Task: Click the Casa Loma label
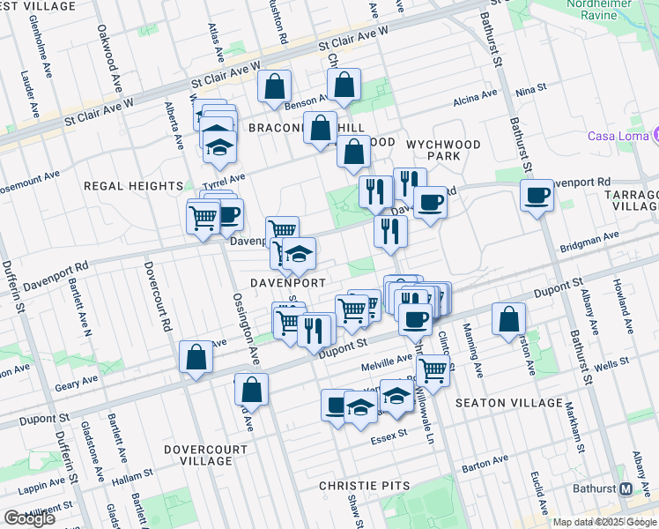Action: tap(618, 136)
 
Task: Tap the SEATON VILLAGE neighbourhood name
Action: tap(508, 403)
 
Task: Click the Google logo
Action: tap(29, 518)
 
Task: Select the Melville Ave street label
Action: tap(386, 359)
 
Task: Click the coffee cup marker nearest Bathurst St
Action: tap(536, 195)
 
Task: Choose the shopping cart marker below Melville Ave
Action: tap(433, 370)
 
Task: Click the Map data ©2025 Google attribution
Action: tap(604, 522)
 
